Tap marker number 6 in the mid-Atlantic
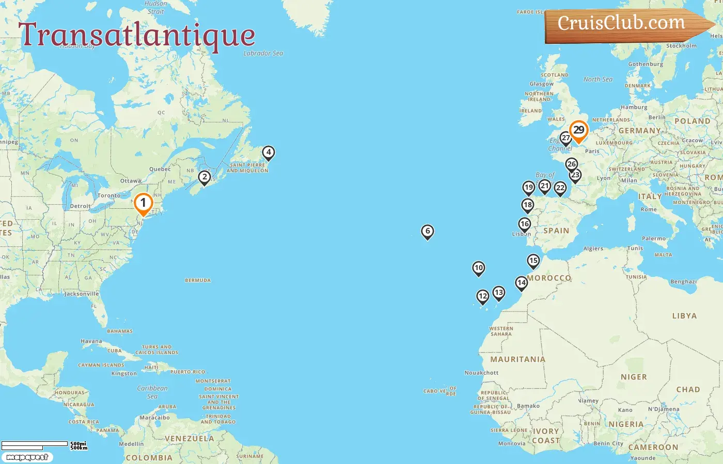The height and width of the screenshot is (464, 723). (427, 231)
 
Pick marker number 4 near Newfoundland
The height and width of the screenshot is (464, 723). (268, 153)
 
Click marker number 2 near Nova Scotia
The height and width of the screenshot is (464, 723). (205, 177)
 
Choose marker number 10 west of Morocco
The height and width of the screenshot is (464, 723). (478, 268)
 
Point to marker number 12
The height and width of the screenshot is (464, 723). (482, 296)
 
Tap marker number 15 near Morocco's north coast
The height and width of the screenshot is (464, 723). (533, 261)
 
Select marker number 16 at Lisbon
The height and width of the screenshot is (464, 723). (524, 224)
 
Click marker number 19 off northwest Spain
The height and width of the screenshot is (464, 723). (528, 188)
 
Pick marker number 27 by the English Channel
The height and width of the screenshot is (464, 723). (565, 138)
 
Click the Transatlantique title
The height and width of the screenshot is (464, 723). (137, 35)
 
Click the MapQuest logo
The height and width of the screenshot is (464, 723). (27, 457)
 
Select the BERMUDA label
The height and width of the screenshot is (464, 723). (198, 280)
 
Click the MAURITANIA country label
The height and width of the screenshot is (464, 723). (517, 359)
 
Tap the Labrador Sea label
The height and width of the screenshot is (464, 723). (263, 53)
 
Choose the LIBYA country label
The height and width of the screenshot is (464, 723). (684, 316)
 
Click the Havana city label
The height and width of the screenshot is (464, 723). (91, 341)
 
